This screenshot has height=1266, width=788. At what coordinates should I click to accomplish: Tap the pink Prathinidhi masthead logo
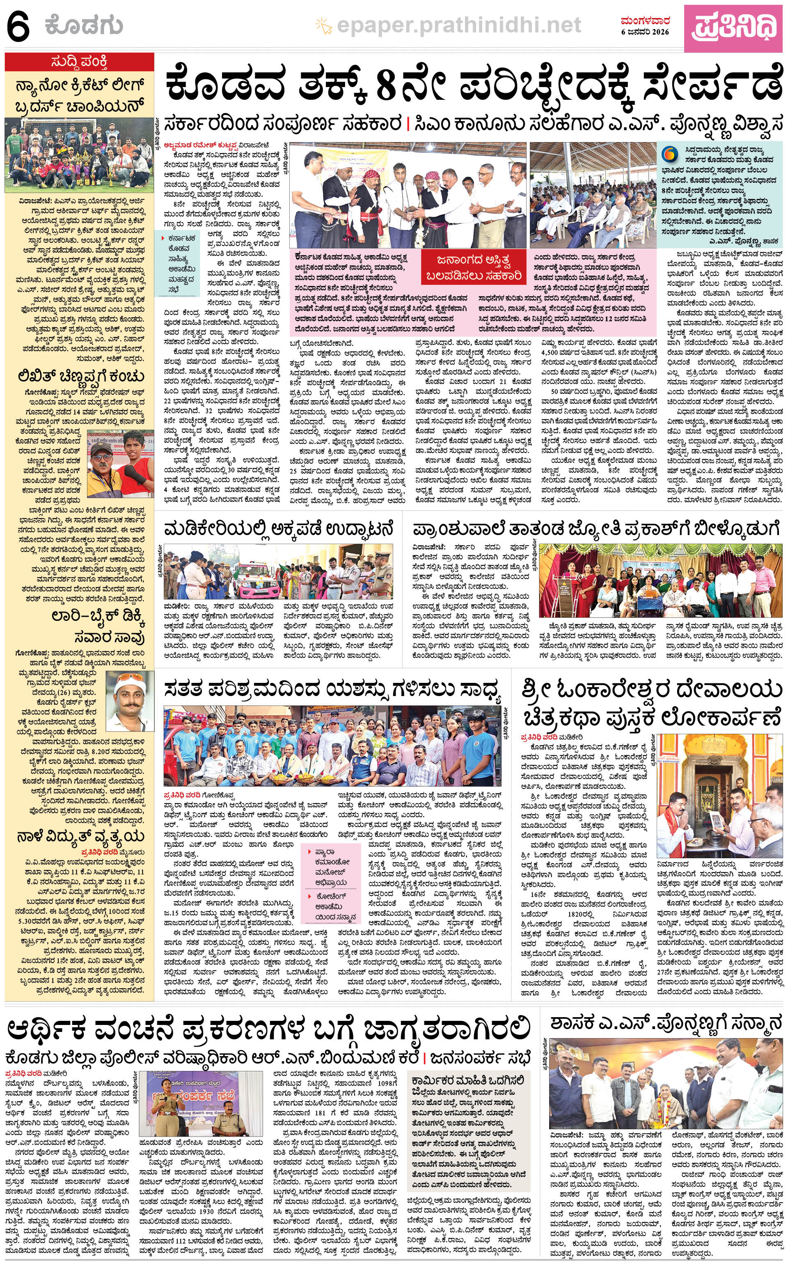(x=734, y=25)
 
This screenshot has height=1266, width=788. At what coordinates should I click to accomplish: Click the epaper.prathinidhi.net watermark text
(x=458, y=25)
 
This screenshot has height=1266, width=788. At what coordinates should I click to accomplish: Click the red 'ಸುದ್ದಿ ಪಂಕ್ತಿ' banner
(x=79, y=62)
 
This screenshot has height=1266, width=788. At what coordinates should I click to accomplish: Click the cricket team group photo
(x=79, y=155)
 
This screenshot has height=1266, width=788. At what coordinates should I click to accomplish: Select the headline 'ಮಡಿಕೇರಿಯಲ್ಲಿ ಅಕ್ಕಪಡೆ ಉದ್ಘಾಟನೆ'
(x=278, y=529)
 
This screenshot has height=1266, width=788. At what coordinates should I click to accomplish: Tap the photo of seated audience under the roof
(x=593, y=195)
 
